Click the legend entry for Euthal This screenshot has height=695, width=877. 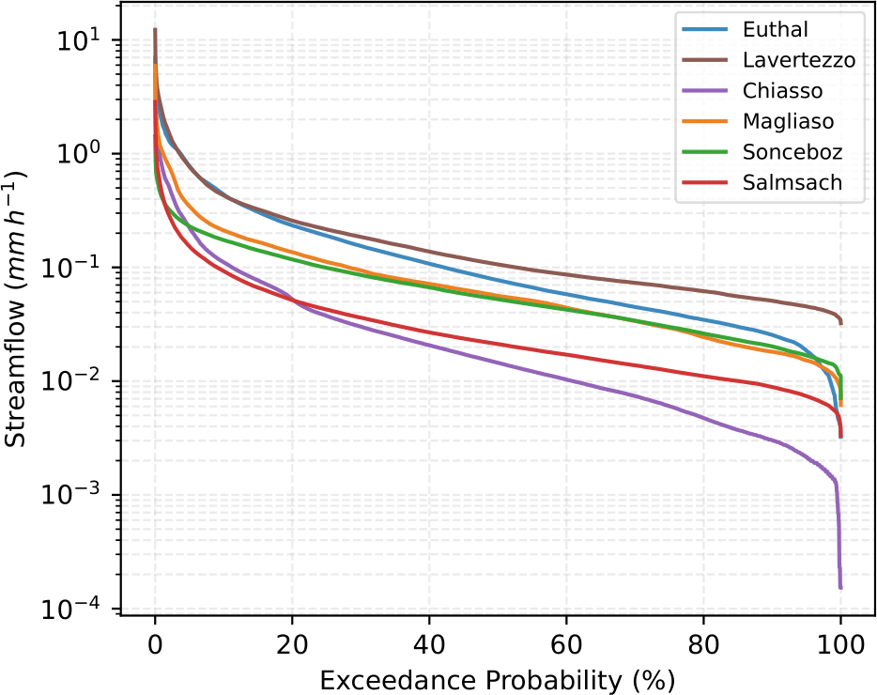coord(771,31)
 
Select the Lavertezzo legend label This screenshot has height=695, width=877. coord(799,61)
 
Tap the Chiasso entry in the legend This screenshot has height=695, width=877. coord(782,91)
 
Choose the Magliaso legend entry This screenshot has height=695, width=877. coord(788,121)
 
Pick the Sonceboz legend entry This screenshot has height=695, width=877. coord(792,152)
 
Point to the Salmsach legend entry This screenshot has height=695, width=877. coord(790,182)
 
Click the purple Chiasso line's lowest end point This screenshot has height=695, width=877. coord(840,588)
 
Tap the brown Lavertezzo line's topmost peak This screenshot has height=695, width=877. coord(155,29)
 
